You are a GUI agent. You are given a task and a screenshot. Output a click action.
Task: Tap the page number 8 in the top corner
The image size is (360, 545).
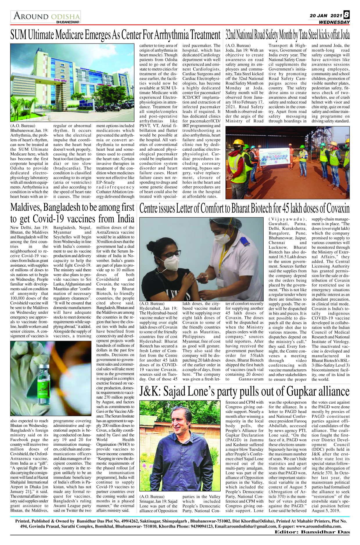[347, 15]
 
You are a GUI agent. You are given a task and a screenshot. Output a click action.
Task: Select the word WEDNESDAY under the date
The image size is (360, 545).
[334, 22]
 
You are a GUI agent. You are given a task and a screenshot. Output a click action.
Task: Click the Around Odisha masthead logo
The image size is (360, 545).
[46, 16]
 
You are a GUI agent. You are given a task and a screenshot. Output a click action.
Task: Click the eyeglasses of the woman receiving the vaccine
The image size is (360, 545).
[170, 255]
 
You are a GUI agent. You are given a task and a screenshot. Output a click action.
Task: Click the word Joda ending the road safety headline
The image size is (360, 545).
[345, 35]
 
